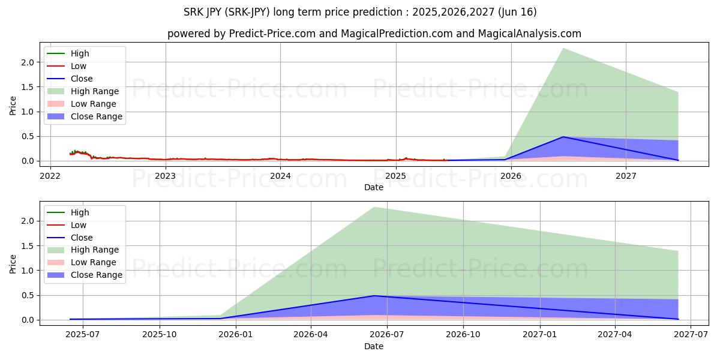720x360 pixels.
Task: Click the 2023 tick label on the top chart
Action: point(165,176)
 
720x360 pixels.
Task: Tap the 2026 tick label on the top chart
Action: point(511,176)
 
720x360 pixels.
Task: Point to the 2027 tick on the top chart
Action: point(626,176)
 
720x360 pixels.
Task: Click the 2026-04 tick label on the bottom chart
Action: point(311,335)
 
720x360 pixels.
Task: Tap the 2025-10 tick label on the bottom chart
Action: point(160,335)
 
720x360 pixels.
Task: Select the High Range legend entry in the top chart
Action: point(95,91)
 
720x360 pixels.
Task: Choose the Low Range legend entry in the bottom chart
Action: point(94,263)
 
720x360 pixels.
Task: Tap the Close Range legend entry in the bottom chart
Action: point(96,275)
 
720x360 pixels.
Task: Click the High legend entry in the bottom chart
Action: point(79,212)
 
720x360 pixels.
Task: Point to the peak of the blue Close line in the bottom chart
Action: point(374,296)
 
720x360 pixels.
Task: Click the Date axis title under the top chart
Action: point(373,187)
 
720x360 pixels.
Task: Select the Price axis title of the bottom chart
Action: point(13,263)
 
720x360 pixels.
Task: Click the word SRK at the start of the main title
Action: point(193,12)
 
